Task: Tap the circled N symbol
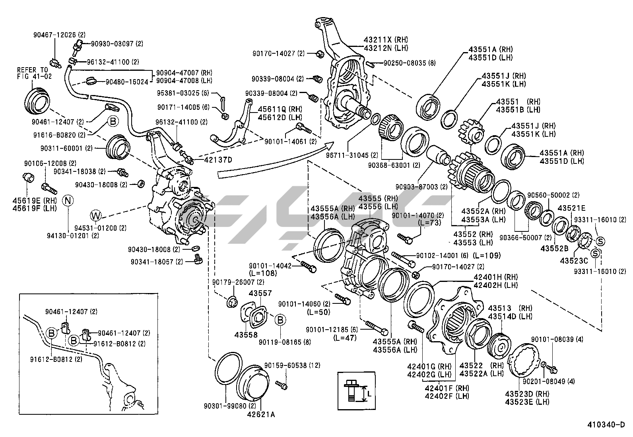(x=68, y=200)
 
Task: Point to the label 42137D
(x=218, y=160)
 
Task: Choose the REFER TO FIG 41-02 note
(x=34, y=73)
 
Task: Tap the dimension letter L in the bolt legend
(x=369, y=394)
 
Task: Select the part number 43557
(x=260, y=293)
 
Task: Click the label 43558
(x=246, y=334)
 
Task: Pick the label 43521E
(x=571, y=208)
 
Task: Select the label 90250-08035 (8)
(x=410, y=63)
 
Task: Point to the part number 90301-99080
(x=224, y=406)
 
